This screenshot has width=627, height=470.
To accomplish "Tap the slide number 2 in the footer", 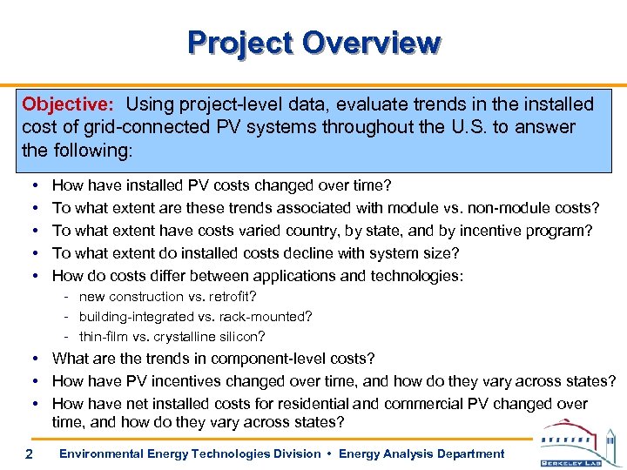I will click(x=30, y=454).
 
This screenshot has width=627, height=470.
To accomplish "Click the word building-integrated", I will click(x=130, y=316).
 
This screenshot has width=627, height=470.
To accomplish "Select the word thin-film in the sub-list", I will click(x=104, y=336).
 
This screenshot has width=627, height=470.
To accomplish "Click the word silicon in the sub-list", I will click(x=239, y=336).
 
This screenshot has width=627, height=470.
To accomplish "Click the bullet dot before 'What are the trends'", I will click(x=32, y=359).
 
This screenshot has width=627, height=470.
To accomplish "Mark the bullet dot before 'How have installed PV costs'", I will click(x=32, y=185).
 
